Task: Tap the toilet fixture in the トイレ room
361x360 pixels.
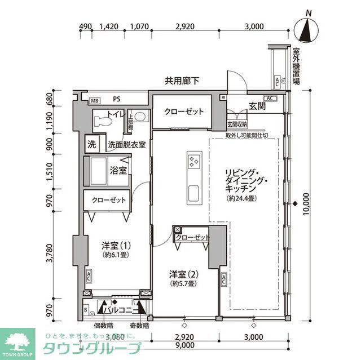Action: click(101, 119)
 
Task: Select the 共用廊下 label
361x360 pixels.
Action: click(182, 81)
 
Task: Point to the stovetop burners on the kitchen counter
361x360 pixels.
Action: click(193, 162)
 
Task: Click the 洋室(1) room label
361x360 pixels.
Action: click(116, 246)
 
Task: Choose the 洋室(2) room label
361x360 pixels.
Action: click(184, 274)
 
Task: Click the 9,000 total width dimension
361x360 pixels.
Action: click(182, 345)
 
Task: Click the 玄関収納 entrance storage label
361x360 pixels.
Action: click(237, 125)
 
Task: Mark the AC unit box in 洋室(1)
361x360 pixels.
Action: click(89, 276)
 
